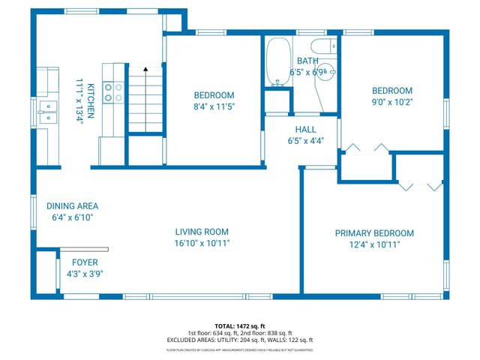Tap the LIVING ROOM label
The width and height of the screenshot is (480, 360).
[x=202, y=232]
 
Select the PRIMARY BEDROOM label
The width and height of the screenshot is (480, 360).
[x=373, y=233]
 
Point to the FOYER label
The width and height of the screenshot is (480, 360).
[x=86, y=262]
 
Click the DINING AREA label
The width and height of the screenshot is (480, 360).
[x=72, y=205]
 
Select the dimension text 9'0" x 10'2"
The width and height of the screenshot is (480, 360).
[x=392, y=101]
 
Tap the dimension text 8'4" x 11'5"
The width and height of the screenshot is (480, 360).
[x=214, y=106]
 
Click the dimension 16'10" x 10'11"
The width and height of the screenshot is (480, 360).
[x=202, y=243]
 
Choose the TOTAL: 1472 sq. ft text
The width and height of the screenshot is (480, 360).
[x=239, y=325]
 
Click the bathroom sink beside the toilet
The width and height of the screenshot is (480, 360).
[x=330, y=73]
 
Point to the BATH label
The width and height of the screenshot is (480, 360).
[x=307, y=61]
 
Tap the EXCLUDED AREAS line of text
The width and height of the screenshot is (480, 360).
[x=239, y=340]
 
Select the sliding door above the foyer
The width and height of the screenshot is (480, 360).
[x=83, y=249]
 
